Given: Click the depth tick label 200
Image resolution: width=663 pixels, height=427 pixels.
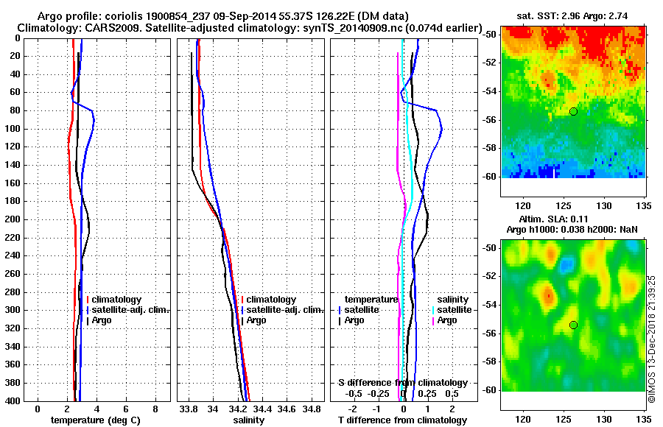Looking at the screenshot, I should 15,219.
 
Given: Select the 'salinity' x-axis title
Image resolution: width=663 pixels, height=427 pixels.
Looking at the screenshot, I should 249,420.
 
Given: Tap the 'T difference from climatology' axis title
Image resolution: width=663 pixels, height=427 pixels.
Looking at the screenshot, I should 403,420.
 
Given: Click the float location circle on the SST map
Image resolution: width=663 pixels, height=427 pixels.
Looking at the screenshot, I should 573,111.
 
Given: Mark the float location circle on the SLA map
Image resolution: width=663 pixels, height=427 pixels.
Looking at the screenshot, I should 573,325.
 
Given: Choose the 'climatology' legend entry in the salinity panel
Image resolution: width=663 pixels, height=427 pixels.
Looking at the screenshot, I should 271,300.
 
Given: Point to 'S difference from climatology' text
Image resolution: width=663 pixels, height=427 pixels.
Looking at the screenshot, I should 403,383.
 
